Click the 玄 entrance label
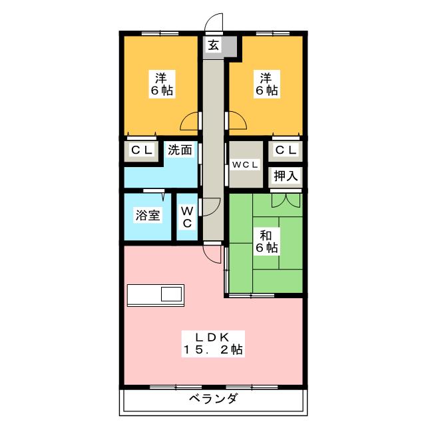(x=213, y=45)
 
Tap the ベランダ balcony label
(x=214, y=399)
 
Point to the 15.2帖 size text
(x=213, y=349)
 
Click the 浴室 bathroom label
(x=148, y=216)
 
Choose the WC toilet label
(x=187, y=216)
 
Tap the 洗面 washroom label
(x=179, y=150)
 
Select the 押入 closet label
(x=286, y=176)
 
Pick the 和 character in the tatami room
(x=265, y=234)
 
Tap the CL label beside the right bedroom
(x=286, y=150)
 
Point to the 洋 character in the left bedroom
(x=161, y=77)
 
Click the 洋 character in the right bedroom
(x=265, y=77)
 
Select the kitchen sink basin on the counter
(x=171, y=294)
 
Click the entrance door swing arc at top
(x=213, y=22)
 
